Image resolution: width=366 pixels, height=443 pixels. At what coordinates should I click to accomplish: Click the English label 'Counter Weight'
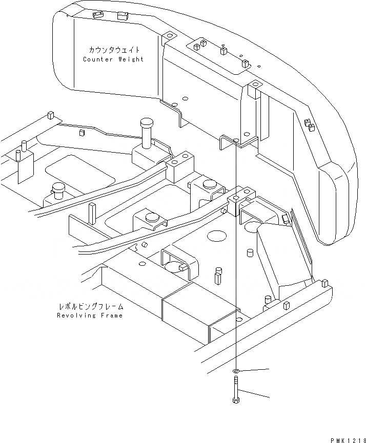(113, 59)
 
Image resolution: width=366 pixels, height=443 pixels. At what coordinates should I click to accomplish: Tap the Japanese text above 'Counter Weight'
(113, 50)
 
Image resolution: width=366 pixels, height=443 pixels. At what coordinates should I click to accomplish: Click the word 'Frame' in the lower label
(111, 315)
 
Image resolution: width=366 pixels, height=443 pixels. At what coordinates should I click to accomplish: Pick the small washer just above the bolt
(236, 370)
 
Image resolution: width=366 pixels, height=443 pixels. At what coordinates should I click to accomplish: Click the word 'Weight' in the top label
(130, 59)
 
